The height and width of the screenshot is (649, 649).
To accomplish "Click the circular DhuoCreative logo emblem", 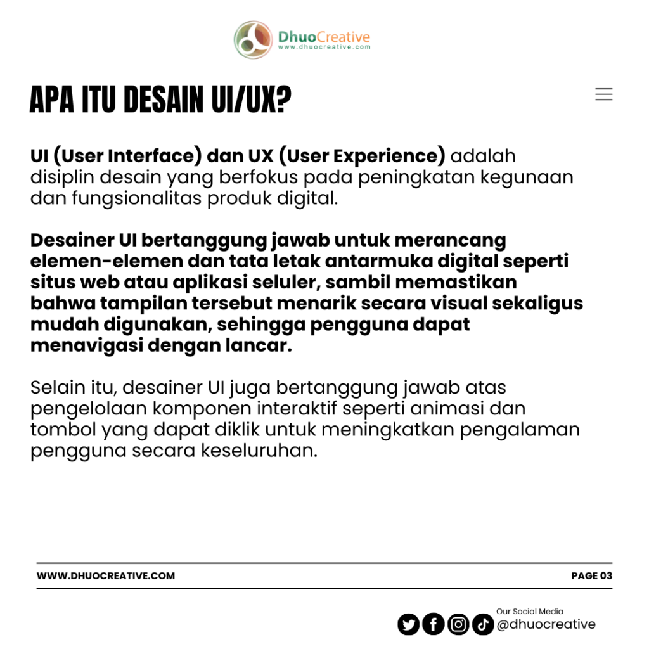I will (254, 40).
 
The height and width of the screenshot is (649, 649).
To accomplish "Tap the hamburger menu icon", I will (603, 94).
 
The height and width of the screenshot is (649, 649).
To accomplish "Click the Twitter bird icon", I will (409, 624).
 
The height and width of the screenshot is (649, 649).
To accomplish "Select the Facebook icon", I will (434, 624).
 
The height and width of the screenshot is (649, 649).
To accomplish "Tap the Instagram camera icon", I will (458, 624).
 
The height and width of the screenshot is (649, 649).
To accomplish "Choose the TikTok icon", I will (483, 624).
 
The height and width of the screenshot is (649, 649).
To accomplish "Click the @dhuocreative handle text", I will (546, 624).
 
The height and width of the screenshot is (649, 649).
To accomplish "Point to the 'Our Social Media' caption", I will (529, 611).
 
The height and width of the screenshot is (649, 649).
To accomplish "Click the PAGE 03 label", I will (591, 575).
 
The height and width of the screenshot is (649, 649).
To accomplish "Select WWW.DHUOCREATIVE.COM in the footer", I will (106, 575).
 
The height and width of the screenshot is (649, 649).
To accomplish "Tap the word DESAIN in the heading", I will (158, 100).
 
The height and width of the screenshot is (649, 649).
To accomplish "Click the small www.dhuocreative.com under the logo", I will (324, 47).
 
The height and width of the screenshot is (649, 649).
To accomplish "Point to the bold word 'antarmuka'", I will (368, 261).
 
